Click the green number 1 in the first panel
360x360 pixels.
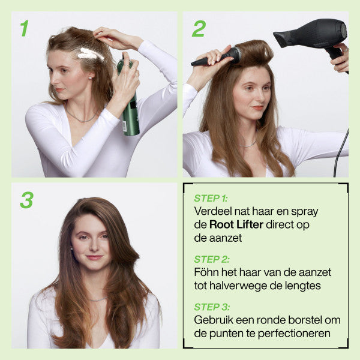[25, 28]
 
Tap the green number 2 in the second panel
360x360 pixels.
[199, 28]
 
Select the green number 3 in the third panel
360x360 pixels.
[26, 200]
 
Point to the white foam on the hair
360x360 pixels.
[91, 54]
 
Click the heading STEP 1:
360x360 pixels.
[211, 199]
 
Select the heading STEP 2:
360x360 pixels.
[211, 259]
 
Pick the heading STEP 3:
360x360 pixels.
[212, 307]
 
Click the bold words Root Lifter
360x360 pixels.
[236, 224]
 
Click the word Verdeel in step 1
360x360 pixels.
[212, 211]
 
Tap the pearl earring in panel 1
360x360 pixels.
[90, 78]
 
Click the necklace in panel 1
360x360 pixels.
[80, 118]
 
